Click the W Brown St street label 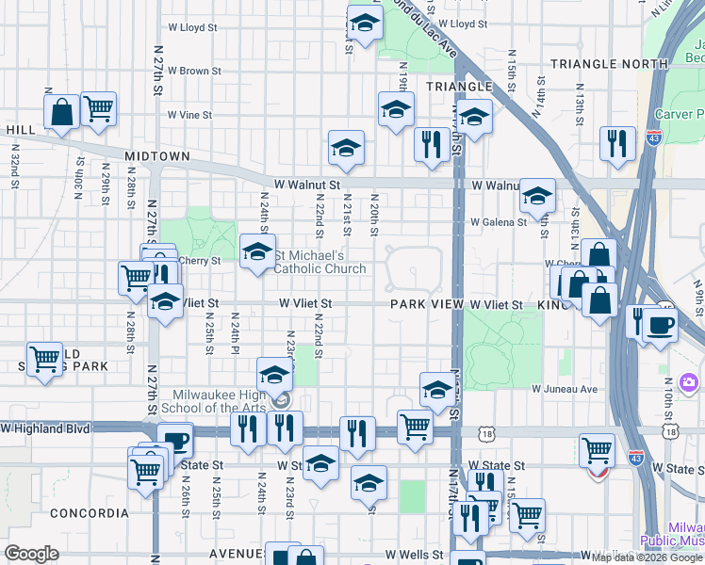tap(193, 71)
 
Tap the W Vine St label tap(189, 115)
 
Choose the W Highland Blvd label tap(45, 428)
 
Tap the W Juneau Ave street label tap(565, 388)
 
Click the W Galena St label tap(498, 222)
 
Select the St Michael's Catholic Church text tap(320, 262)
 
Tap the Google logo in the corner tap(32, 554)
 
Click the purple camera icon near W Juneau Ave tap(689, 381)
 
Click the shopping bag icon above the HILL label tap(61, 111)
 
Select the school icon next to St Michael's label tap(257, 251)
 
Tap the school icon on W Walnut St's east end tap(537, 196)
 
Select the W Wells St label tap(412, 555)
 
